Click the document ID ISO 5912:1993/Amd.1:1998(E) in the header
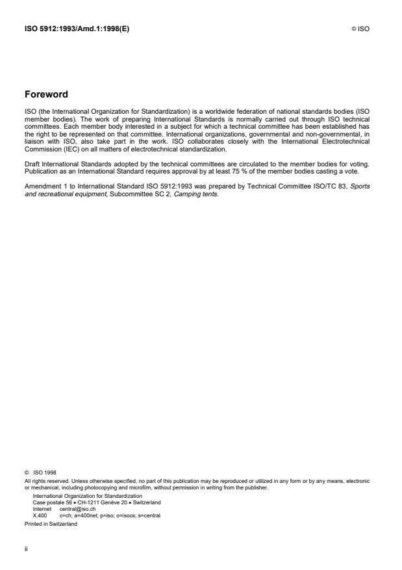pos(76,29)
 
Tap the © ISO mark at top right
pos(360,29)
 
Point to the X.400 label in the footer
pos(40,514)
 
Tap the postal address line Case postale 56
pos(97,502)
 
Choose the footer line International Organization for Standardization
pos(87,497)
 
